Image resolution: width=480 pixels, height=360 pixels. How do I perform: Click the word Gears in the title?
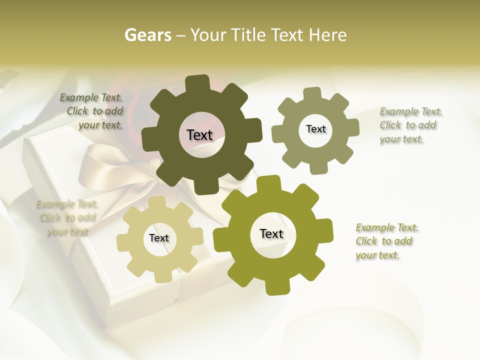pos(147,35)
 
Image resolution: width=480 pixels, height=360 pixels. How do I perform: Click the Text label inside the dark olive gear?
pos(199,135)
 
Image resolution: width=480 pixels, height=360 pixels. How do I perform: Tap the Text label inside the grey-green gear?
pos(315,129)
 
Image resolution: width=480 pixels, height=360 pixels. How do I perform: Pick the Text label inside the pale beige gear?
pos(159,238)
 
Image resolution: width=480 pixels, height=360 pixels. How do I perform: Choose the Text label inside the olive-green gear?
pos(271,233)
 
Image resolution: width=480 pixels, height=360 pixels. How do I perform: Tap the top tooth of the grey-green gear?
pos(313,94)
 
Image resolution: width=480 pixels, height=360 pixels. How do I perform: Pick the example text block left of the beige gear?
pos(67,217)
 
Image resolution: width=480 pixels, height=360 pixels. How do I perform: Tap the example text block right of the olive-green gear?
pos(386,241)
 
